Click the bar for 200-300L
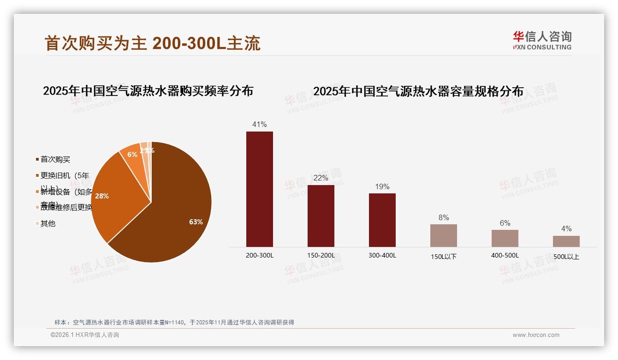click(x=259, y=189)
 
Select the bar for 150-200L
click(x=321, y=216)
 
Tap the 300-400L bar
click(x=382, y=220)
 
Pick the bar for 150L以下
click(x=443, y=235)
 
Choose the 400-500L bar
click(x=505, y=238)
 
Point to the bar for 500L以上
click(x=566, y=241)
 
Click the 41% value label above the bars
click(x=259, y=124)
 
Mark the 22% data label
click(x=321, y=178)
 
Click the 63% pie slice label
click(x=196, y=222)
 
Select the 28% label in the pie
click(x=102, y=196)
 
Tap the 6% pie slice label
click(x=132, y=155)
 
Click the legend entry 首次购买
click(x=55, y=160)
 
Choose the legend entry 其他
click(x=48, y=223)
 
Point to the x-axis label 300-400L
click(x=382, y=255)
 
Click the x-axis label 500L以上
click(x=566, y=257)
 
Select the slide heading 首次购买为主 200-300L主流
click(x=153, y=43)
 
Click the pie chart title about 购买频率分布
click(x=148, y=91)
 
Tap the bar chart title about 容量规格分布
click(x=418, y=91)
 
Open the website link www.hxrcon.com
click(x=536, y=335)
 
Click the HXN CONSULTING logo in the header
click(x=542, y=41)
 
